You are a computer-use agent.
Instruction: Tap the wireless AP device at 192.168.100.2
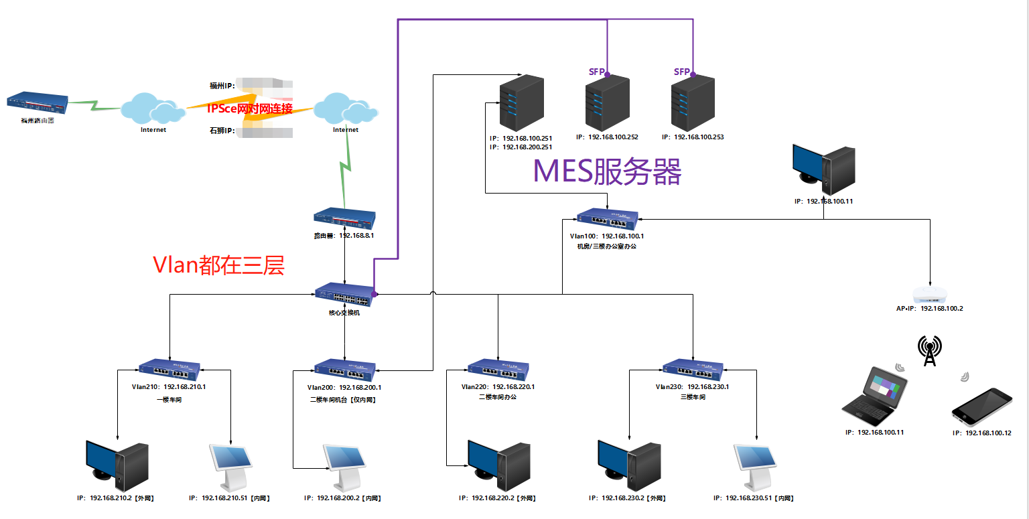pyautogui.click(x=930, y=293)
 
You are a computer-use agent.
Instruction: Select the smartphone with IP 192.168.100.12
pyautogui.click(x=981, y=406)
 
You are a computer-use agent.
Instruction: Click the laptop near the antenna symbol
pyautogui.click(x=875, y=396)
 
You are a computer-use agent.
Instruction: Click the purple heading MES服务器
pyautogui.click(x=607, y=171)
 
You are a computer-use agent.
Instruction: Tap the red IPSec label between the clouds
pyautogui.click(x=249, y=108)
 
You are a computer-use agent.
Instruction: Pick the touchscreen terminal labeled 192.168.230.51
pyautogui.click(x=756, y=465)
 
